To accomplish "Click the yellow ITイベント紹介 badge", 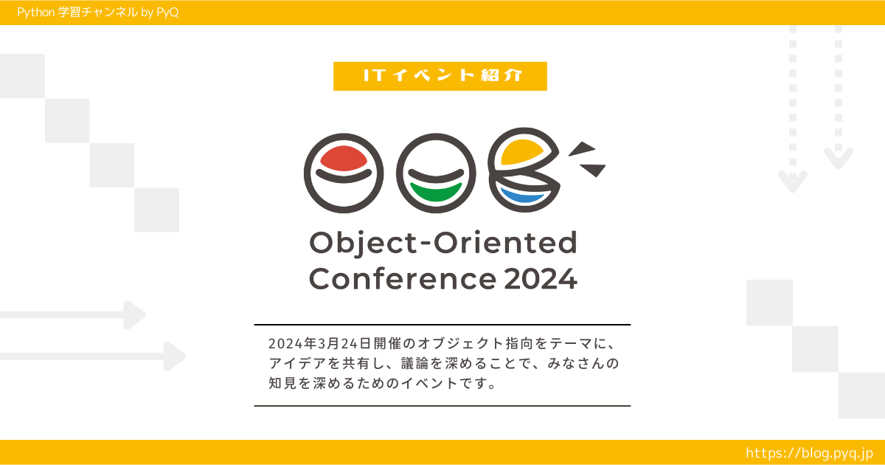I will click(x=440, y=76).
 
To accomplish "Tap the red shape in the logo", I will click(x=339, y=157).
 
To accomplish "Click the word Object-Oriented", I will click(x=442, y=242).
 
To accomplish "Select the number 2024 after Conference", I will click(x=540, y=280).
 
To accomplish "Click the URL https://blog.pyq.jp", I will click(x=809, y=452).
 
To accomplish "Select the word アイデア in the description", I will click(x=296, y=364).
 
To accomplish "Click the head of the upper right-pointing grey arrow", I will click(x=135, y=314).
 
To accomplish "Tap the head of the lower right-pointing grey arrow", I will click(x=176, y=356).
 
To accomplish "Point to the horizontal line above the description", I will click(x=442, y=325).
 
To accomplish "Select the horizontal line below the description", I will click(x=442, y=406).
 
